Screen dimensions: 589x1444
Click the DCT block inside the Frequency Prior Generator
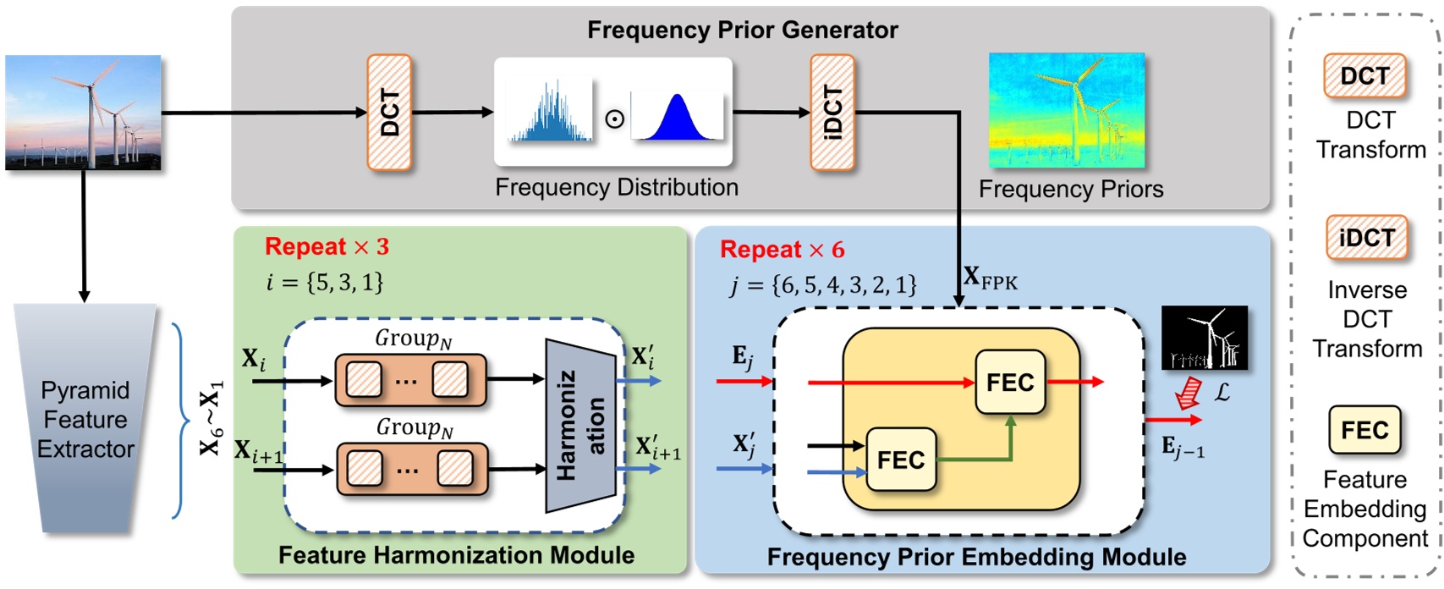(389, 113)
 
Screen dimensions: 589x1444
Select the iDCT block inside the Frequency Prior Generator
(832, 113)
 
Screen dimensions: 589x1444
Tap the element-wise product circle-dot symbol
(615, 118)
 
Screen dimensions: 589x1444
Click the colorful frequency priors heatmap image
(1067, 111)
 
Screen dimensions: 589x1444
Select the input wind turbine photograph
(83, 113)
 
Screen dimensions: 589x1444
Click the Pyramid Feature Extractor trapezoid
(85, 419)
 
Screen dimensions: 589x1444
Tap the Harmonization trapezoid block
(579, 426)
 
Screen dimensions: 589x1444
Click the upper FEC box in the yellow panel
(1010, 383)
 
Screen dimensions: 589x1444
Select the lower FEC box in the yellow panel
(901, 460)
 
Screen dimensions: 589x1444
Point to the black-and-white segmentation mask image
(1205, 337)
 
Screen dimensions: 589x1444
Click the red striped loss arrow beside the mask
(1189, 393)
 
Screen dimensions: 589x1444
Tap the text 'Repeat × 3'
(327, 247)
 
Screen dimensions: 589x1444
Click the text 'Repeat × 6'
(782, 250)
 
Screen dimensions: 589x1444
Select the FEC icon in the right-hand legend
(1364, 430)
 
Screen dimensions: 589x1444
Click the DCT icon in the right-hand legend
(1364, 76)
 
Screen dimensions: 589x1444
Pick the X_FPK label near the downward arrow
(991, 278)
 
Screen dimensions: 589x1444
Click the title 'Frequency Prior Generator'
(742, 30)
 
